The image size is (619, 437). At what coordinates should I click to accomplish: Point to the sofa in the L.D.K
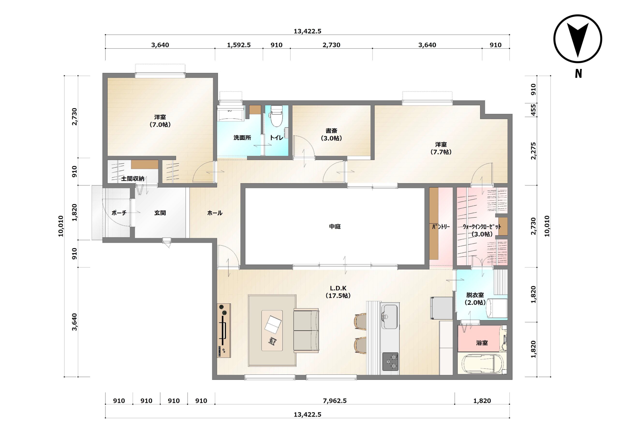[306, 331]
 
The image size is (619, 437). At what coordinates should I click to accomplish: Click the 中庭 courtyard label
[335, 227]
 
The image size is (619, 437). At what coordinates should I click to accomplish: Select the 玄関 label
[160, 213]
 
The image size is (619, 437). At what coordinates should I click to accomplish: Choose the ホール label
[215, 213]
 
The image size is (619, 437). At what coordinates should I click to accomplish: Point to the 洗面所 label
[242, 138]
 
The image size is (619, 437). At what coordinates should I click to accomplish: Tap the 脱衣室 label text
[475, 295]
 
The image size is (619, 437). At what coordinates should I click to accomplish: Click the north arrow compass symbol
[578, 39]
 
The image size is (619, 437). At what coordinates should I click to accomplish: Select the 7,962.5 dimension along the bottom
[335, 401]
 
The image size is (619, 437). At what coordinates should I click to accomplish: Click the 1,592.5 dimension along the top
[239, 45]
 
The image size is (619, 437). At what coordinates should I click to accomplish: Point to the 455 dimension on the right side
[533, 110]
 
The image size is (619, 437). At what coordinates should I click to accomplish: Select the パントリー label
[441, 227]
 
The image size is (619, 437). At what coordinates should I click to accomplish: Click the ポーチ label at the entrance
[119, 213]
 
